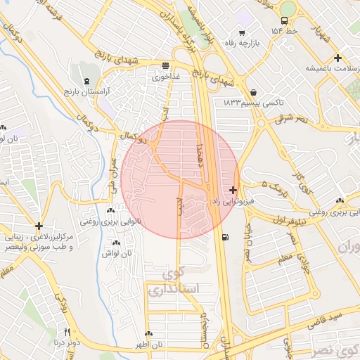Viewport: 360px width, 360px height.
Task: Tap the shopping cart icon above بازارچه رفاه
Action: [x=242, y=33]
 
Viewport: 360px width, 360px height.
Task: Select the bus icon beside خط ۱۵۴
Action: [x=284, y=21]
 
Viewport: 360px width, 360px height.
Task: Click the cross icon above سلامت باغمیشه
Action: [x=338, y=58]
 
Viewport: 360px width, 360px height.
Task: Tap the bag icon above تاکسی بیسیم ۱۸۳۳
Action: [x=253, y=92]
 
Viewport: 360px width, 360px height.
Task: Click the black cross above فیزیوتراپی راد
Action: [x=233, y=190]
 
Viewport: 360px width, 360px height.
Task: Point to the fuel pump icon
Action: [x=224, y=237]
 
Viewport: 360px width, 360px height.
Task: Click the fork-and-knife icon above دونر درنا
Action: [x=67, y=331]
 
